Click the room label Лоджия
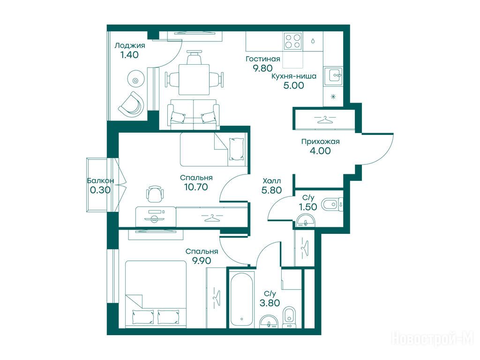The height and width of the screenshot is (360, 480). pyautogui.click(x=129, y=46)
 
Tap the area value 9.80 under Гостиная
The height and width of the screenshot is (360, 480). pyautogui.click(x=262, y=68)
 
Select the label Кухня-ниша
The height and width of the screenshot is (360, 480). pyautogui.click(x=294, y=76)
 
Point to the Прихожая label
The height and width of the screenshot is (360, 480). pyautogui.click(x=321, y=142)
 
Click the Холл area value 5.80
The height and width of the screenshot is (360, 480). pyautogui.click(x=271, y=190)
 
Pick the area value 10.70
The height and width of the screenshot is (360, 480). pyautogui.click(x=196, y=187)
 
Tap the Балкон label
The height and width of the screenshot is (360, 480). pyautogui.click(x=100, y=180)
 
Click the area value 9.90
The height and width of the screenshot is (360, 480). pyautogui.click(x=202, y=261)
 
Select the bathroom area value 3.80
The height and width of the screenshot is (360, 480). pyautogui.click(x=270, y=303)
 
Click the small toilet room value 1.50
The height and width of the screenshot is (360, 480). pyautogui.click(x=308, y=207)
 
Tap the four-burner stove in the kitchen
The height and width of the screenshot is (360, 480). pyautogui.click(x=292, y=41)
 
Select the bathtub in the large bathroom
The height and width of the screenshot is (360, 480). pyautogui.click(x=242, y=300)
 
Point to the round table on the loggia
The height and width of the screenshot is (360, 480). pyautogui.click(x=135, y=81)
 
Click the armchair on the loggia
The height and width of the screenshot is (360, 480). pyautogui.click(x=132, y=105)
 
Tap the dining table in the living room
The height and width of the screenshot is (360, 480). pyautogui.click(x=194, y=79)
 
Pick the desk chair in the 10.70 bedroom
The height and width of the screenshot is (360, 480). pyautogui.click(x=155, y=194)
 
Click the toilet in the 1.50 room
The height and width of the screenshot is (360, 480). pyautogui.click(x=331, y=204)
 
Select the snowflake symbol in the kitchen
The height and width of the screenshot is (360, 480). pyautogui.click(x=333, y=97)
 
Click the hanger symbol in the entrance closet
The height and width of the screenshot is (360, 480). pyautogui.click(x=324, y=120)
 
